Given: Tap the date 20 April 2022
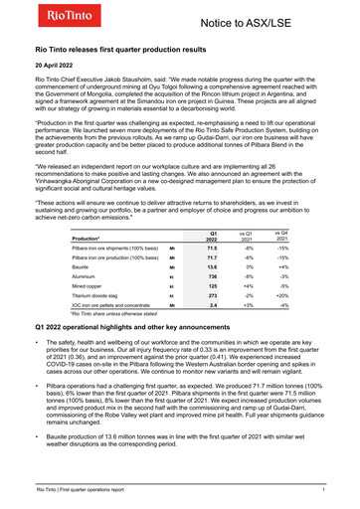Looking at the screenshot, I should pos(58,63).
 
